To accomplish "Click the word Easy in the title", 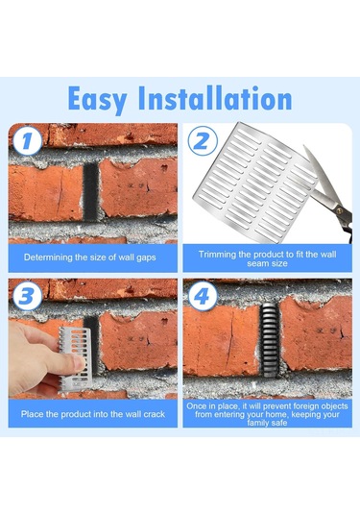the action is pos(97,99).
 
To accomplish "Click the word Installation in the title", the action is pos(215,98).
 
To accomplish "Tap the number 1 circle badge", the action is pos(28,140).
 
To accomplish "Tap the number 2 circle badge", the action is pos(203,140).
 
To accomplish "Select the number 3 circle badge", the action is pos(28,296).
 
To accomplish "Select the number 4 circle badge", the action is pos(203,296).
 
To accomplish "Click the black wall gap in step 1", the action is pos(91,192).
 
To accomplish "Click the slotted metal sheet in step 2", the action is pos(255,183).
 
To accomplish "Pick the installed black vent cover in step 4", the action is pos(270,340).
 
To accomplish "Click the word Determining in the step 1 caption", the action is pos(48,257).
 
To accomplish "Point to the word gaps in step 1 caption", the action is pos(146,258).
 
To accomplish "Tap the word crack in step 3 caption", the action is pos(155,414).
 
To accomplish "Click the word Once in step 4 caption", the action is pos(197,406).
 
